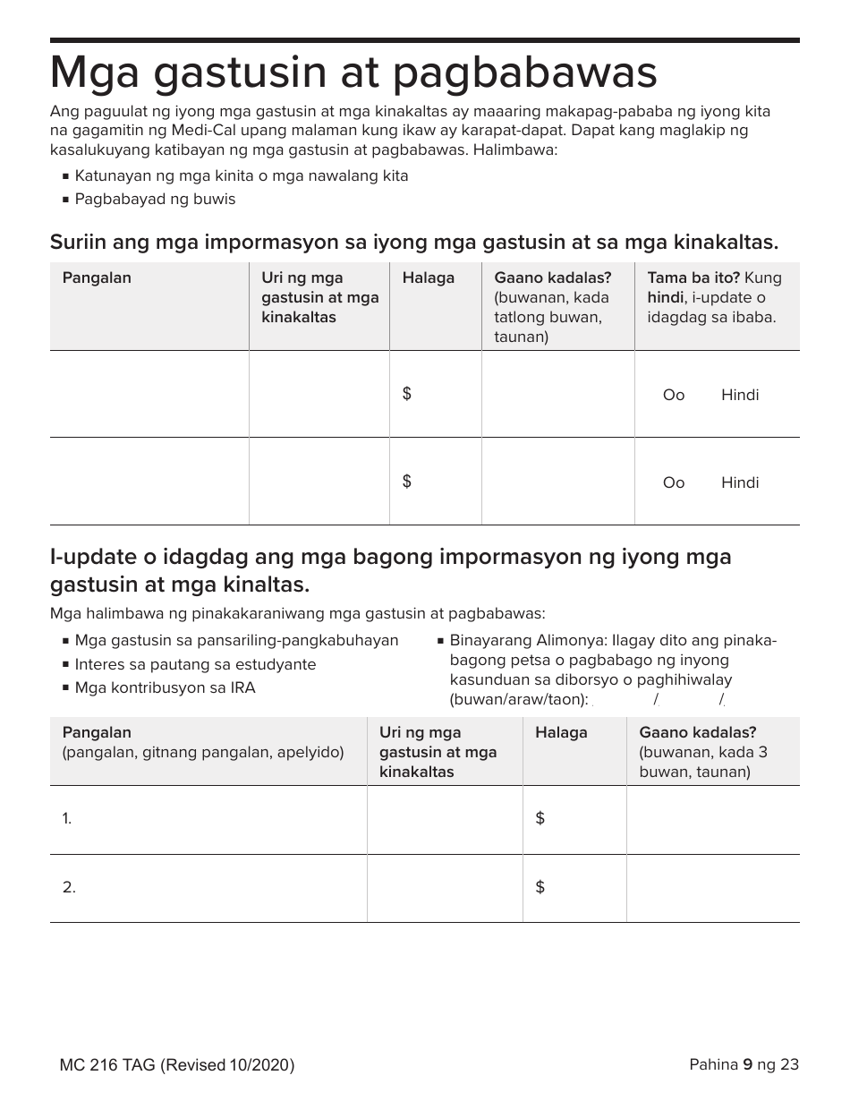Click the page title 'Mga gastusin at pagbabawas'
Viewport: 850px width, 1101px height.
(x=353, y=73)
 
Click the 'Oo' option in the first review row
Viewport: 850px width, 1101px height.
(x=673, y=395)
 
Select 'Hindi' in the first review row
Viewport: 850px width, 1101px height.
(x=739, y=395)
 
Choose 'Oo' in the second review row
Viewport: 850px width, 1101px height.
(x=673, y=482)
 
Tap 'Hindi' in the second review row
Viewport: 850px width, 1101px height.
(x=739, y=482)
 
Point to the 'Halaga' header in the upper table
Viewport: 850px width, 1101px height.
(x=428, y=277)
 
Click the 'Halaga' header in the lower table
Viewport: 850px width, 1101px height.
(x=561, y=732)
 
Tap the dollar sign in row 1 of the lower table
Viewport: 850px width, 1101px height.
(x=540, y=818)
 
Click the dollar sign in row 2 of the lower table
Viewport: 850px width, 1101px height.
(x=540, y=887)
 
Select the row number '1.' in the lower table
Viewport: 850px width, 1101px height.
(x=67, y=818)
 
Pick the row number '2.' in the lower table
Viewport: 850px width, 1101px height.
(x=68, y=887)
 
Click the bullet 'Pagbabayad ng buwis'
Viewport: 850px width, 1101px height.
(x=155, y=199)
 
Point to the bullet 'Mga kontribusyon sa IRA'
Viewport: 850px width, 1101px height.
(x=165, y=687)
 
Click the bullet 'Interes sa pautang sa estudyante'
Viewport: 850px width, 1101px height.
(x=195, y=664)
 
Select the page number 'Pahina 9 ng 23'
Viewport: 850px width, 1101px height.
(x=744, y=1064)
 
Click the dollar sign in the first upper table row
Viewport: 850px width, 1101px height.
(x=407, y=394)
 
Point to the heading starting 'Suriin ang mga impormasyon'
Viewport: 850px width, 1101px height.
(x=413, y=242)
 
